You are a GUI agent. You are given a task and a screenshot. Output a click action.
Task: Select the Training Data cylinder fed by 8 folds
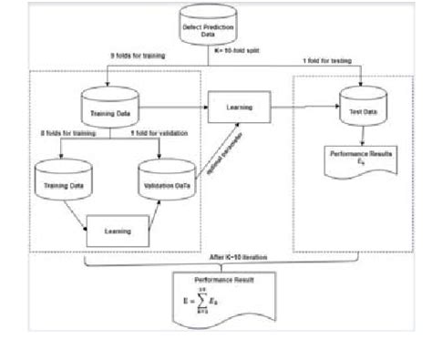coord(58,182)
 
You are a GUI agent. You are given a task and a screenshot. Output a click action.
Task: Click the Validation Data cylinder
coord(166,182)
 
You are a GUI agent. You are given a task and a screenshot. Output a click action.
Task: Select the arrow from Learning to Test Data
coord(306,108)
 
